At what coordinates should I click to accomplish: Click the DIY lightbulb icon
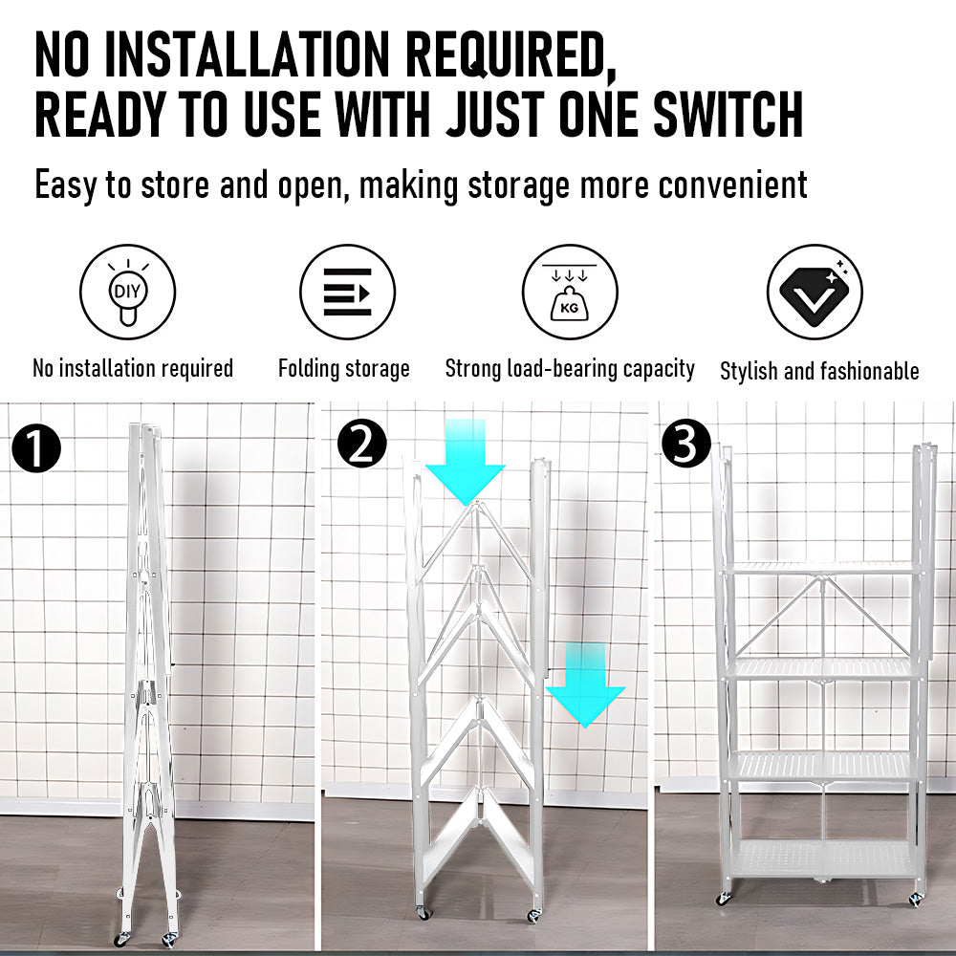click(x=127, y=292)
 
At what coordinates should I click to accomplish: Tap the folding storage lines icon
click(x=348, y=292)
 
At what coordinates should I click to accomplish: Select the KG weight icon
click(x=570, y=292)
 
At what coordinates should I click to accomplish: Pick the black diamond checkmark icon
click(x=815, y=292)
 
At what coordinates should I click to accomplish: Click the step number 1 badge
click(x=36, y=448)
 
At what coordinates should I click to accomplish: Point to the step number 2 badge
click(x=362, y=444)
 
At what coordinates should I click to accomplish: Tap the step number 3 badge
click(x=686, y=444)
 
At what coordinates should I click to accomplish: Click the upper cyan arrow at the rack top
click(x=466, y=462)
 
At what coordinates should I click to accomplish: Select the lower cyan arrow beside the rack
click(x=585, y=684)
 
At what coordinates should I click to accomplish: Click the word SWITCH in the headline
click(x=728, y=115)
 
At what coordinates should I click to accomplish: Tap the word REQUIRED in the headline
click(x=511, y=56)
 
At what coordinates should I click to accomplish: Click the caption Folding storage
click(x=344, y=369)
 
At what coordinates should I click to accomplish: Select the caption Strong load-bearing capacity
click(x=570, y=369)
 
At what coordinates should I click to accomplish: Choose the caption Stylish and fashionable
click(x=819, y=371)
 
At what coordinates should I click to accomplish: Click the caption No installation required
click(x=133, y=368)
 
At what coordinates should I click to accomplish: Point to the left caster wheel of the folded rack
click(x=122, y=939)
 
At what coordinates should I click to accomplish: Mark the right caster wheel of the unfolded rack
click(x=917, y=900)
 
